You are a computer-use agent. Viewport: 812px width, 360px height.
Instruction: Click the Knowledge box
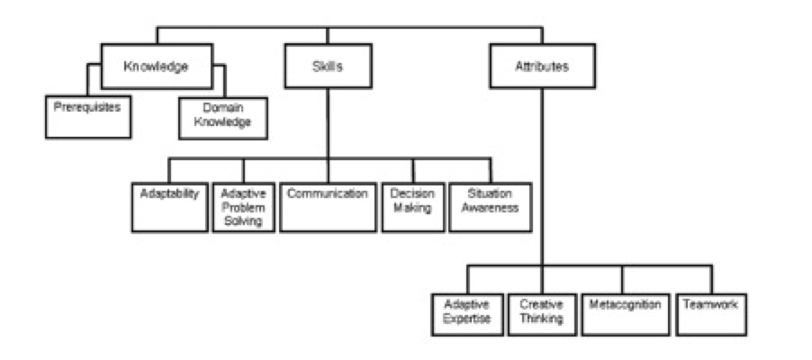(157, 67)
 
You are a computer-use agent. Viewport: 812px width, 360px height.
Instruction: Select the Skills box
(327, 67)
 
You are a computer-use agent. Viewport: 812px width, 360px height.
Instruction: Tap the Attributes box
(541, 67)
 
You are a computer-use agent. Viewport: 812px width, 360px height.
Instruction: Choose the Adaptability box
(169, 206)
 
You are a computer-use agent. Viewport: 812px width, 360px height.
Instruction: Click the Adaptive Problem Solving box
(243, 207)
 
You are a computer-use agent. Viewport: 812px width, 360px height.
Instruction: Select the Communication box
(327, 206)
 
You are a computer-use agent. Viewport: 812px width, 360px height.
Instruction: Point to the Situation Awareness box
(490, 206)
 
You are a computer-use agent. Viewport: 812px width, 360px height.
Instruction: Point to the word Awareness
(490, 208)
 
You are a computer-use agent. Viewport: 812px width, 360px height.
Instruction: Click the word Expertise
(466, 319)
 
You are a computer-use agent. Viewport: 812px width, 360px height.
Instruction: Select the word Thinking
(541, 319)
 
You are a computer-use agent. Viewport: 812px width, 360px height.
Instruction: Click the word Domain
(222, 107)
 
